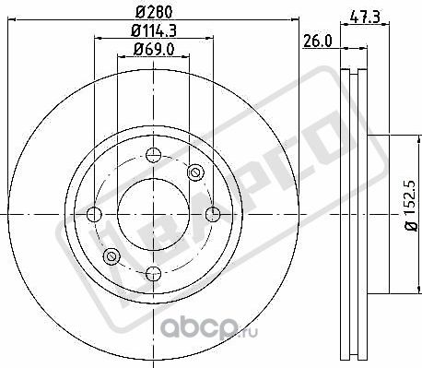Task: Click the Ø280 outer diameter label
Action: click(x=153, y=13)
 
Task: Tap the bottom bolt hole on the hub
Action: click(x=152, y=272)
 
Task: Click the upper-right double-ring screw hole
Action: click(x=194, y=173)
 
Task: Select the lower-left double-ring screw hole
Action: click(x=111, y=255)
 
